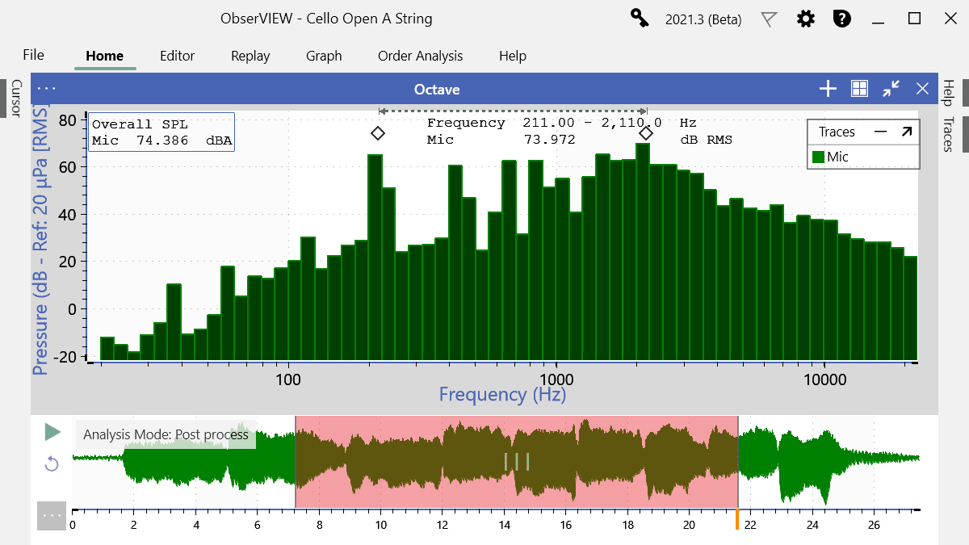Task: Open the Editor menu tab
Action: [x=177, y=56]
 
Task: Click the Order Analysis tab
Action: [x=420, y=56]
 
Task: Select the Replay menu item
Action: [x=250, y=56]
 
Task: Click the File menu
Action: [x=34, y=55]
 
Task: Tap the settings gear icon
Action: [x=805, y=19]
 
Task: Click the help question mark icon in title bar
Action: [x=842, y=19]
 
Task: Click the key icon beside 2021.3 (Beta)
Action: [x=640, y=19]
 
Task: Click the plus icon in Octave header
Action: [x=828, y=89]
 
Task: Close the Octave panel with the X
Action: [x=922, y=89]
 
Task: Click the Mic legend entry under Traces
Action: [x=831, y=157]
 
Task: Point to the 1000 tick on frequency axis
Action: [x=556, y=379]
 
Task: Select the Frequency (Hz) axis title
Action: [x=502, y=395]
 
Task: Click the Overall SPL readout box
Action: [x=161, y=132]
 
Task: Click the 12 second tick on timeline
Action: [x=442, y=525]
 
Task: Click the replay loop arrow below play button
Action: [x=52, y=463]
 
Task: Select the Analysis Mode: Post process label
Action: [x=166, y=434]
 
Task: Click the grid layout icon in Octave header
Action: [x=859, y=89]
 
